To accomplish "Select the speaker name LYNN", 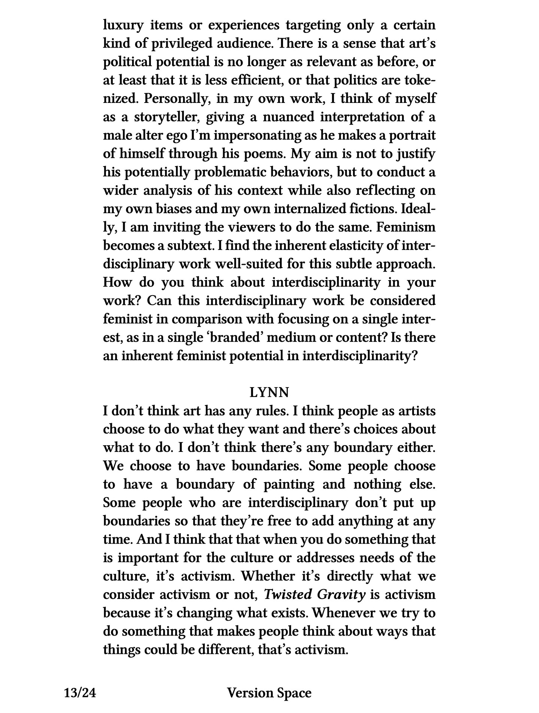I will pyautogui.click(x=269, y=393).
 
